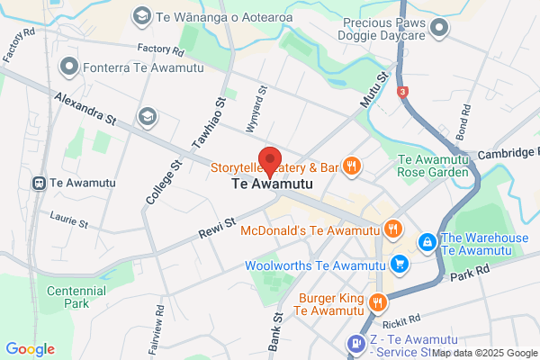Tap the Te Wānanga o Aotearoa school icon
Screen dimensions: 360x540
[140, 15]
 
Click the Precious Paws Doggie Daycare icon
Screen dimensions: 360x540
[438, 29]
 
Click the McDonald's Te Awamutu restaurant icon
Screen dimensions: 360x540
[391, 229]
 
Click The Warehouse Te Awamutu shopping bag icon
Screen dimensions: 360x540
[428, 241]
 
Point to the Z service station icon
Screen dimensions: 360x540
[355, 342]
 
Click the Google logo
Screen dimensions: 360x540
[30, 348]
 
